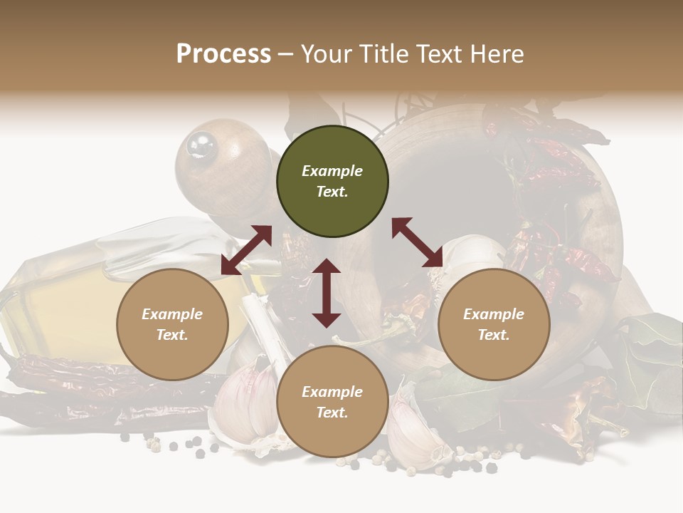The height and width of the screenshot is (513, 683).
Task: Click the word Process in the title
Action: pyautogui.click(x=223, y=54)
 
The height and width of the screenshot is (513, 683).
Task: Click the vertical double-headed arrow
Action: pyautogui.click(x=327, y=293)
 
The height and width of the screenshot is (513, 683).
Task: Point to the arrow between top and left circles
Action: pyautogui.click(x=246, y=250)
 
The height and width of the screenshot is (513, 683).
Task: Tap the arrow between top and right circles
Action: pyautogui.click(x=417, y=242)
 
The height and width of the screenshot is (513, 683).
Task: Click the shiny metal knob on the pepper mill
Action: pyautogui.click(x=201, y=145)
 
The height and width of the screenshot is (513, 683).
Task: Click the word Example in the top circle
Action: pyautogui.click(x=332, y=171)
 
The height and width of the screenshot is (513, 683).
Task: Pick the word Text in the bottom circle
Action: pyautogui.click(x=332, y=413)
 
